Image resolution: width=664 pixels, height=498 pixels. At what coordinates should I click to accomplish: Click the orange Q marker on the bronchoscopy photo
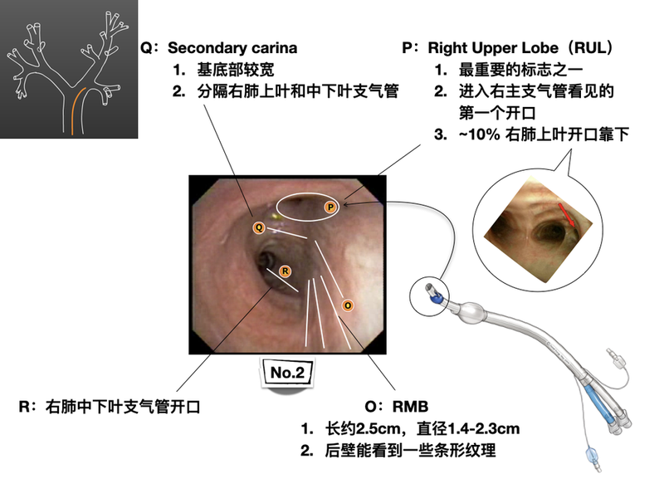click(x=258, y=227)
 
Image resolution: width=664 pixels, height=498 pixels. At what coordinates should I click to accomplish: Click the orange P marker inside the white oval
click(x=330, y=206)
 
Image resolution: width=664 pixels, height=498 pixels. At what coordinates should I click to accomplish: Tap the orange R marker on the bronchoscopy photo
click(x=285, y=271)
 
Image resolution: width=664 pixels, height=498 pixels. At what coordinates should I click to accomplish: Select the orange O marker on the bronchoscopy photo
click(x=347, y=305)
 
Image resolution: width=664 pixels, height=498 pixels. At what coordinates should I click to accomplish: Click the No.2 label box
click(x=286, y=373)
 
